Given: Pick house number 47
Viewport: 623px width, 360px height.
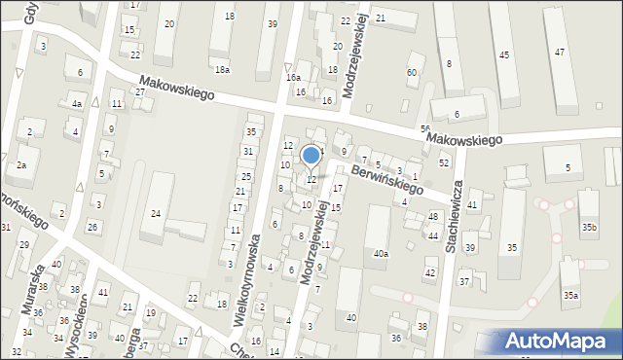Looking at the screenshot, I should [x=560, y=53].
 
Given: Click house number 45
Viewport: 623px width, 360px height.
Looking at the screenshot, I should [x=503, y=55].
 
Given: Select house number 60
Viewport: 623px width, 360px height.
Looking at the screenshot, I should [x=413, y=73].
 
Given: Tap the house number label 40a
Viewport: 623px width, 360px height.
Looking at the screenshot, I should [x=381, y=254].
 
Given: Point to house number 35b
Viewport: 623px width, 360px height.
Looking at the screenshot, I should [x=588, y=227].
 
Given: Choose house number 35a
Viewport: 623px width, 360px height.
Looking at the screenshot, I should [x=570, y=294].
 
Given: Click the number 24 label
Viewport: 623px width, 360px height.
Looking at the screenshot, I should [x=155, y=213].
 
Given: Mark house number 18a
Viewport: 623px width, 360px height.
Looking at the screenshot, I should [x=223, y=69].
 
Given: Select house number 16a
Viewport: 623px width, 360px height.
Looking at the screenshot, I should [x=293, y=77].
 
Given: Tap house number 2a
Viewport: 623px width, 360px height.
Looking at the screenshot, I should [x=20, y=165].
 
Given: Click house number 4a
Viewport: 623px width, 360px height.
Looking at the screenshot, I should [x=76, y=103].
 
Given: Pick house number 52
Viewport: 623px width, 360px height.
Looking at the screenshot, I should [x=444, y=162].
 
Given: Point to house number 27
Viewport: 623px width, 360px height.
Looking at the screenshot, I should [x=140, y=91].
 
